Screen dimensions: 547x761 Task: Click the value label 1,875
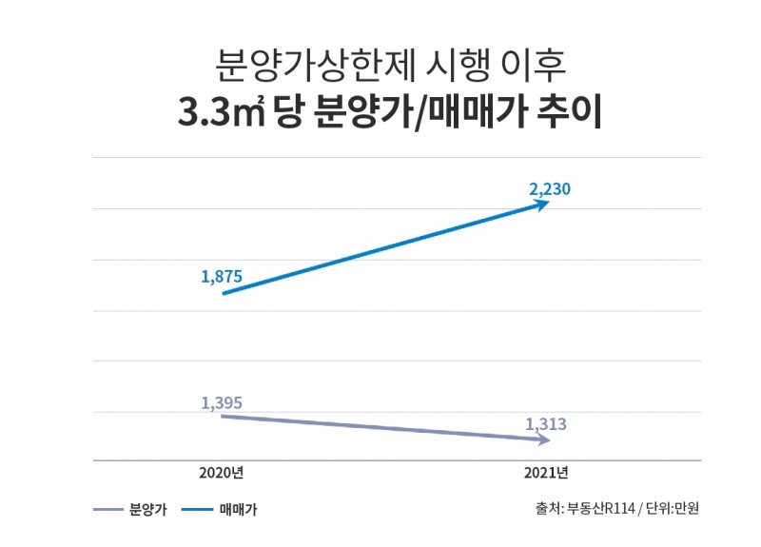(222, 277)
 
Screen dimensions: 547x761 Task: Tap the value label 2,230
(550, 189)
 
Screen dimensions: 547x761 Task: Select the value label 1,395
(222, 402)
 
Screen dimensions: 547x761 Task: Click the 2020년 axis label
(222, 473)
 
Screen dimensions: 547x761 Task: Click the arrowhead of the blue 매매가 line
(543, 204)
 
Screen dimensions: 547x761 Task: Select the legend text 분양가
(147, 510)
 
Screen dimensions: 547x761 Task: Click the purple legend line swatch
(108, 510)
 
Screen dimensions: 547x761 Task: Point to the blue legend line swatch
(200, 510)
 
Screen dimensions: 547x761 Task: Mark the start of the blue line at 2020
(223, 294)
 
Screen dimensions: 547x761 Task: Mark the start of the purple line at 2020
(223, 416)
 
